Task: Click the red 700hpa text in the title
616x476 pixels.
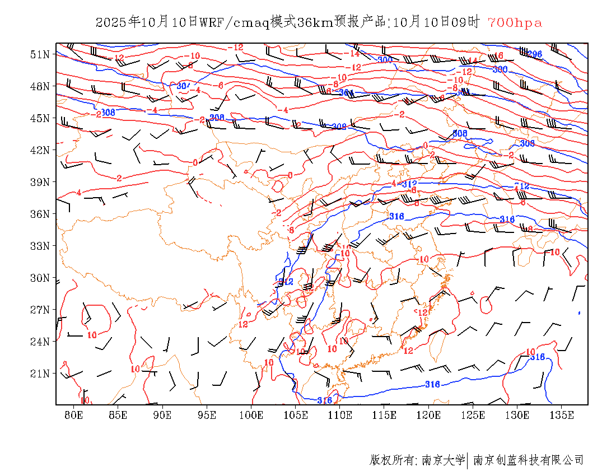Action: coord(515,22)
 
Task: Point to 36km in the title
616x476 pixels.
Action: coord(315,22)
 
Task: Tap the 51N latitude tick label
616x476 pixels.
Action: coord(40,54)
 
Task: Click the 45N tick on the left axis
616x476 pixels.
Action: coord(40,118)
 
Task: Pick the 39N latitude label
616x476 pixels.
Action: coord(40,182)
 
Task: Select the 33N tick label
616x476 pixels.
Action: coord(40,246)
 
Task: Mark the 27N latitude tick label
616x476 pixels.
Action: coord(40,310)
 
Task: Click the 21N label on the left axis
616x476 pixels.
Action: coord(40,374)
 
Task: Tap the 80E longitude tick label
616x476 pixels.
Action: coord(74,415)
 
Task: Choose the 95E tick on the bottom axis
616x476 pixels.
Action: coord(207,415)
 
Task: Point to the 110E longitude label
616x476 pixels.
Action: coord(340,415)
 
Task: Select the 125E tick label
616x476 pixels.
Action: coord(473,415)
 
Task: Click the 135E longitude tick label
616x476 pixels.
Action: coord(562,415)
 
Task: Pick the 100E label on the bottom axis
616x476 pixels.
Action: coord(251,415)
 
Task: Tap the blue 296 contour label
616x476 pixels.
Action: coord(535,54)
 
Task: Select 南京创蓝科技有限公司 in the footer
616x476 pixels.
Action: coord(529,460)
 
